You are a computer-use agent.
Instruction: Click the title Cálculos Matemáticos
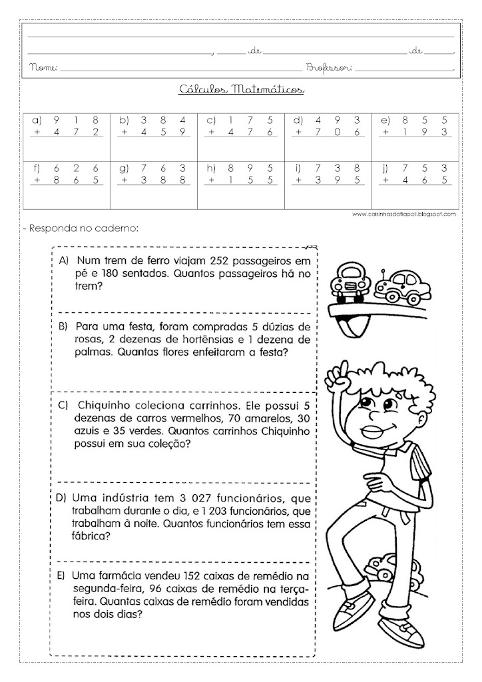(242, 89)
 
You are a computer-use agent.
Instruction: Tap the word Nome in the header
(45, 68)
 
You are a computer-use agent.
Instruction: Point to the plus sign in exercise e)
(385, 132)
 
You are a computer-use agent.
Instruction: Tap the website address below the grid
(402, 214)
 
